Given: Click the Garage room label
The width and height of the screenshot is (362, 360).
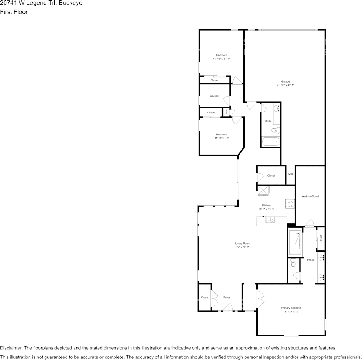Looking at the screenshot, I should [x=285, y=81].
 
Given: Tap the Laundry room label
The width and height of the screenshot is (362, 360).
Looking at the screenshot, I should [x=215, y=96].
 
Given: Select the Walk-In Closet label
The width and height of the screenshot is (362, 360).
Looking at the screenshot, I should [x=310, y=196].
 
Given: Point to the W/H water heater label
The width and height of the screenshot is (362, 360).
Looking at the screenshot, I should [x=290, y=174].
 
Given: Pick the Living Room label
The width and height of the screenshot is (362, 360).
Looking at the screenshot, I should [x=242, y=244].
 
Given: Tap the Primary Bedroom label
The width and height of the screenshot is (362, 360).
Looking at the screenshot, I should [x=291, y=308].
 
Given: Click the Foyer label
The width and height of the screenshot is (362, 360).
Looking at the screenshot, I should [x=227, y=298].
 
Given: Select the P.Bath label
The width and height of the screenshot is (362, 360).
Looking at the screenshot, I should [x=311, y=260].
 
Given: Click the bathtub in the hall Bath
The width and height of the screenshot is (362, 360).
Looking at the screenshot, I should [x=271, y=142].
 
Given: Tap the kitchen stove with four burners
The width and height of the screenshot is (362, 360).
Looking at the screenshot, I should [x=290, y=204].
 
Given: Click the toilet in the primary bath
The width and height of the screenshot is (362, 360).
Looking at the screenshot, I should [x=293, y=263].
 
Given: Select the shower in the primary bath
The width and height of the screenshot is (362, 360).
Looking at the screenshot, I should [x=296, y=242].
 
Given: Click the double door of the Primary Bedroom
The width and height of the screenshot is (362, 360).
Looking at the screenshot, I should [x=261, y=299].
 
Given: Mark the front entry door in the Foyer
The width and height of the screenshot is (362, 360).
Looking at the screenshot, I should [x=227, y=309].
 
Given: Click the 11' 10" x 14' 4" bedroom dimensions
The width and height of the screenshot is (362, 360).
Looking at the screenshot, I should [x=221, y=59].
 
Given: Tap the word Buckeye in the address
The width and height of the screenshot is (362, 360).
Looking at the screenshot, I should [x=71, y=3].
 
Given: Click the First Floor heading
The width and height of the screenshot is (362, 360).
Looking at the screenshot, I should [x=14, y=12].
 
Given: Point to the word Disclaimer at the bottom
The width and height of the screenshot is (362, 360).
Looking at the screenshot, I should [x=11, y=348].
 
